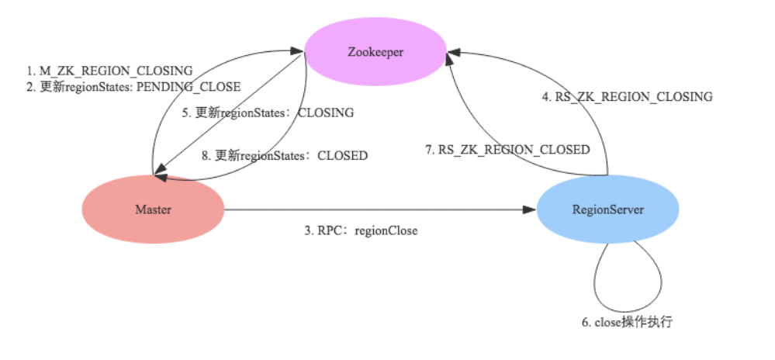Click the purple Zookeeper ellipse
tap(375, 53)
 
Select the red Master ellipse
tap(153, 209)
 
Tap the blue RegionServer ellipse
tap(608, 209)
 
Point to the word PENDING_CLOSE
tap(197, 87)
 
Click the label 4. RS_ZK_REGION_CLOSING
tap(627, 97)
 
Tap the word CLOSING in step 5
tap(326, 112)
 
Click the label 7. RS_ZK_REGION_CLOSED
tap(507, 149)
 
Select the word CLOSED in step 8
tap(342, 155)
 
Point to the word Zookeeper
tap(375, 53)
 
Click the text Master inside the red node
tap(153, 209)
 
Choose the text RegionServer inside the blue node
tap(608, 209)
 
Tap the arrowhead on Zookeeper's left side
tap(298, 52)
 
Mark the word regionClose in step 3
tap(387, 230)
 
